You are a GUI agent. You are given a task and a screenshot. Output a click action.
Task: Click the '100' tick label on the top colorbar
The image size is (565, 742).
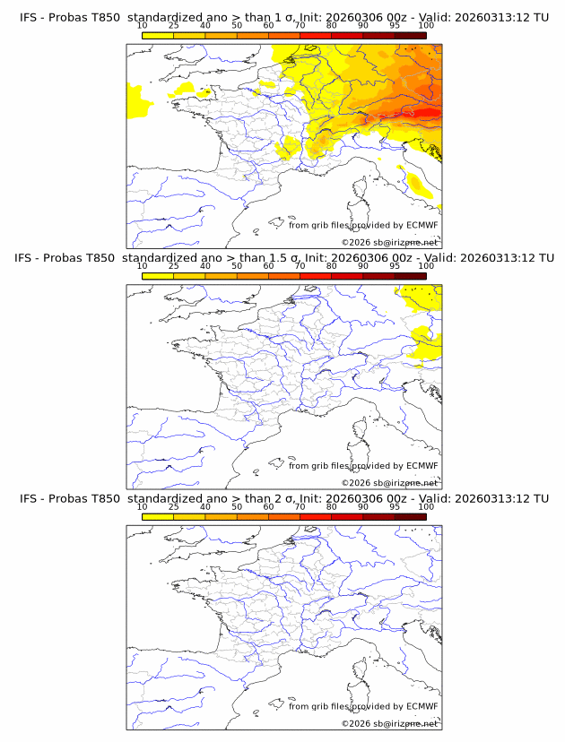tap(426, 26)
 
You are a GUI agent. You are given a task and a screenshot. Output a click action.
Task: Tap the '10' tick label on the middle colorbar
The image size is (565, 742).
tap(143, 266)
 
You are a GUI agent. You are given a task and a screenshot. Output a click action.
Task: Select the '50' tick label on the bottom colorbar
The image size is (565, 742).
tap(237, 506)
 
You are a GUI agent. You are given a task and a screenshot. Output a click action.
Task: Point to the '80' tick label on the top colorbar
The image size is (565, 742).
tap(332, 26)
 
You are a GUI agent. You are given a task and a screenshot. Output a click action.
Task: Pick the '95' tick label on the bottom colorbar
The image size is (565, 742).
tap(395, 506)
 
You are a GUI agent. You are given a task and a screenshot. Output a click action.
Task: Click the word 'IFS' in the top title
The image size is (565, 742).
tap(29, 17)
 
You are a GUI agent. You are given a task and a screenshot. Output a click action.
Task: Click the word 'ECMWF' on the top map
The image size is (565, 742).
tap(422, 226)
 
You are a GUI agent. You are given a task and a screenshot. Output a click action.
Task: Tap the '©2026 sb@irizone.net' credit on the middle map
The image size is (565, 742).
tap(389, 482)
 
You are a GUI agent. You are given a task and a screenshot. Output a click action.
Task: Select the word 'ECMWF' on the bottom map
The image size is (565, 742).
tap(422, 706)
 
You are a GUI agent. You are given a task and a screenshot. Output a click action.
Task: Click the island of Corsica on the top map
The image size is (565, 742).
tap(361, 190)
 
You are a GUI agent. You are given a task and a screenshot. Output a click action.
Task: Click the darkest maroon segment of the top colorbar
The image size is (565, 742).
tap(410, 36)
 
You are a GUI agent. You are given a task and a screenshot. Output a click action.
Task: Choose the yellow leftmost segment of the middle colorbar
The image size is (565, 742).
tap(158, 276)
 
